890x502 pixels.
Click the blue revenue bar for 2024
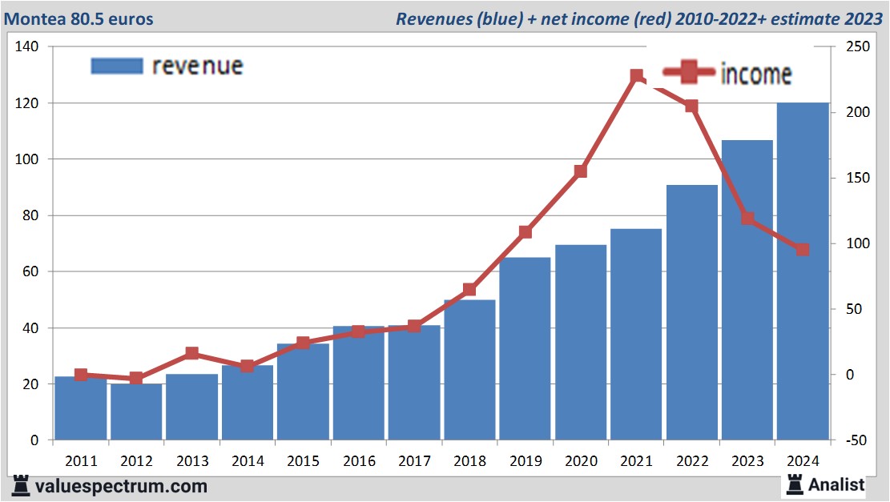point(803,272)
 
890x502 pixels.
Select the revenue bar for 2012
point(136,412)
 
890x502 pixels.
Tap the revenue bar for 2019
point(526,349)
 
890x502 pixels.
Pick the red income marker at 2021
point(637,76)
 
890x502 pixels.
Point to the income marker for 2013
point(192,354)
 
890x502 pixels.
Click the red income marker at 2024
point(803,249)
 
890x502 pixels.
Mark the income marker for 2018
point(470,290)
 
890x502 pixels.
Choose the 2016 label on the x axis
point(359,461)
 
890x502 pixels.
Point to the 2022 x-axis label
point(691,461)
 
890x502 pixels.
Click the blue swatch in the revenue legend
point(117,66)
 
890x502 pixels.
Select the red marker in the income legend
point(687,73)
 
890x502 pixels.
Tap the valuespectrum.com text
point(120,485)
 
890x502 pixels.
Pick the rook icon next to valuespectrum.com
point(22,485)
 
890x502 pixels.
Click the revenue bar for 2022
point(692,312)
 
